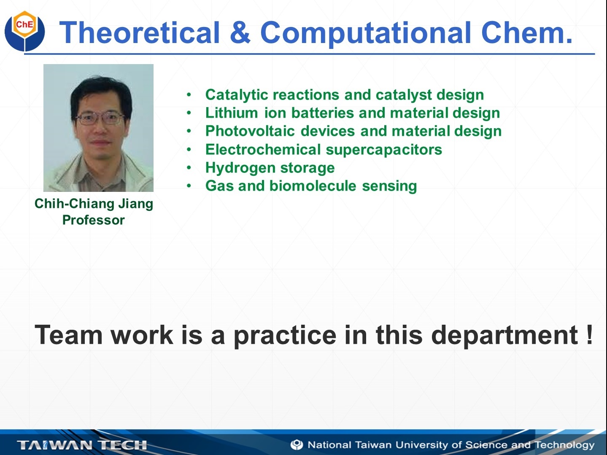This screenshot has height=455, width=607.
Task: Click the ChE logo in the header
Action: click(x=24, y=31)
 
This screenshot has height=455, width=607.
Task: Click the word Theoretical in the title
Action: click(x=140, y=32)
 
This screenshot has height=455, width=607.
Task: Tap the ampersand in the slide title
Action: click(x=240, y=32)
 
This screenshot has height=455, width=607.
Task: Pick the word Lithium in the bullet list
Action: click(x=232, y=113)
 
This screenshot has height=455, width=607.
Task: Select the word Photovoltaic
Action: click(x=250, y=131)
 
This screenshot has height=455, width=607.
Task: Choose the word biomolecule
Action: click(x=313, y=186)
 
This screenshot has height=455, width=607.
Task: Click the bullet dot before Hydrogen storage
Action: click(x=189, y=168)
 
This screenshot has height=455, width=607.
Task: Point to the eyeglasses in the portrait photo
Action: click(x=100, y=119)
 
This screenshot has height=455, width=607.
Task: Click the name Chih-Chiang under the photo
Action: click(x=74, y=204)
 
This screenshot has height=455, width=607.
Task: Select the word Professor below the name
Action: click(x=94, y=220)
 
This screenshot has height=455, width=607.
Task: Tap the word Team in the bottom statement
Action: click(x=69, y=335)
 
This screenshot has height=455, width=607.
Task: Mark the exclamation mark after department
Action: click(x=589, y=335)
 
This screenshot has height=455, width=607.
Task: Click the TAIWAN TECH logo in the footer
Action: click(x=82, y=445)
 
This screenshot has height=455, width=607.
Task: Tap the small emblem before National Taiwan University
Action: click(x=297, y=445)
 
